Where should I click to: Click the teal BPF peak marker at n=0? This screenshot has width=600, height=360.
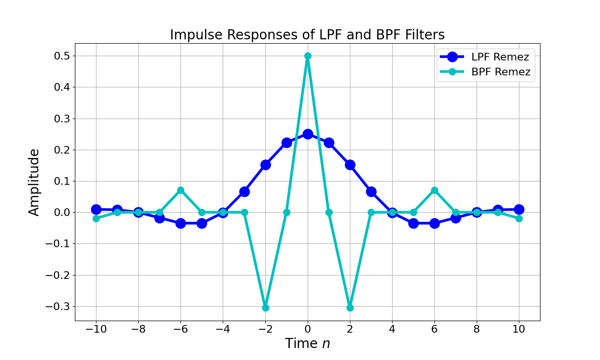tap(308, 56)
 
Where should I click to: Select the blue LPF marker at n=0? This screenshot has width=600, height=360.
tap(308, 134)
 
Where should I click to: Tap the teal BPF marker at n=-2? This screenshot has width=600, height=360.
tap(265, 308)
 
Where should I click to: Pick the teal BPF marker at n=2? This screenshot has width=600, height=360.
tap(350, 308)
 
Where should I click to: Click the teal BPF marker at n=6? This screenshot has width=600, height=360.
tap(434, 190)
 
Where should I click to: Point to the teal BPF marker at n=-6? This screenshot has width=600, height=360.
tap(180, 190)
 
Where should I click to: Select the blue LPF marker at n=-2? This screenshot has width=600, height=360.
tap(265, 165)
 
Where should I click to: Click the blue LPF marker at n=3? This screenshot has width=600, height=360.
tap(371, 192)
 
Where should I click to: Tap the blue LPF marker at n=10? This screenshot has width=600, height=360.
tap(519, 209)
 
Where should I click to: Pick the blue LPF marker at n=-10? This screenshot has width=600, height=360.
tap(96, 209)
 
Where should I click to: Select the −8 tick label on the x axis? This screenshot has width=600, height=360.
tap(138, 329)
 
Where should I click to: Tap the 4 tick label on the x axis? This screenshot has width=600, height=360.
tap(392, 329)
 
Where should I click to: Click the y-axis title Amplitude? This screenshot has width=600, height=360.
tap(34, 182)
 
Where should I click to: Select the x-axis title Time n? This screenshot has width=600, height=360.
tap(307, 344)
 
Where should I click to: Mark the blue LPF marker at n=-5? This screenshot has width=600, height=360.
tap(202, 223)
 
